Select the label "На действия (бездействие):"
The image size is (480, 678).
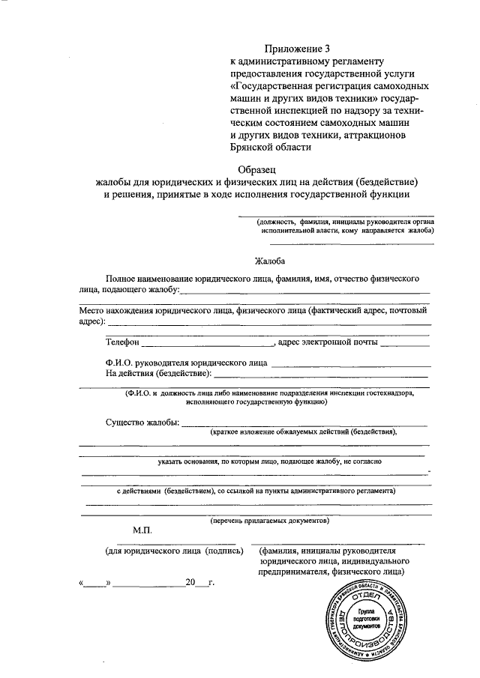pyautogui.click(x=158, y=372)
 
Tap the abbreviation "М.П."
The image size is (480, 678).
pyautogui.click(x=142, y=530)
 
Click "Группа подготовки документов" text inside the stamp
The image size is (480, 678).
pyautogui.click(x=369, y=618)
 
